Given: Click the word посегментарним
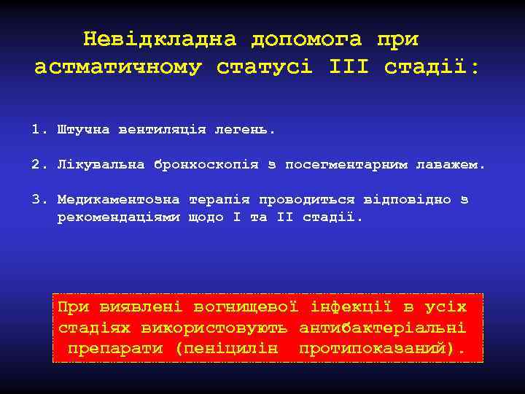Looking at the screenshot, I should [347, 164].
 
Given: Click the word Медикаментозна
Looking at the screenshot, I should [120, 199].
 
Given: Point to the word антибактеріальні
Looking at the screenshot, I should [382, 328].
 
